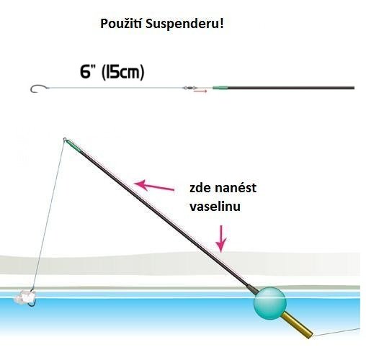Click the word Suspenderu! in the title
point(184,24)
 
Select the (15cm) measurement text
point(123,72)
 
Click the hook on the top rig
point(38,89)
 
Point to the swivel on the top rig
point(189,88)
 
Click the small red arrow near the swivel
point(200,91)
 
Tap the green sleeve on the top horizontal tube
point(220,88)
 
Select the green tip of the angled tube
point(73,145)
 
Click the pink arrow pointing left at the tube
point(154,186)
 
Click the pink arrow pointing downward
point(221,239)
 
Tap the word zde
point(200,188)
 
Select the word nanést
point(236,188)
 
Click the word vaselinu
point(215,207)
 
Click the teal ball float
point(270,303)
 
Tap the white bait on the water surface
point(24,297)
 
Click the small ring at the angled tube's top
point(65,139)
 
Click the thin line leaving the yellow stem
point(336,332)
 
